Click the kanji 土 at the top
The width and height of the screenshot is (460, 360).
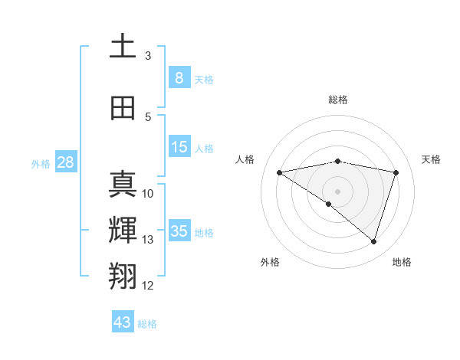point(123,47)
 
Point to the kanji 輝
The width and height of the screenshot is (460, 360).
point(123,231)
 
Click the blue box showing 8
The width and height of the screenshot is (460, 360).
point(179,77)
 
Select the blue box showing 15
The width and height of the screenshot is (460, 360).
point(179,147)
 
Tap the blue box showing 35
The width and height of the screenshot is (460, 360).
point(179,231)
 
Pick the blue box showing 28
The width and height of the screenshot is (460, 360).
point(65,162)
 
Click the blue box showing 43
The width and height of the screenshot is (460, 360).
point(123,322)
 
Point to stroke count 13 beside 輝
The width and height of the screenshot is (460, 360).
point(147,240)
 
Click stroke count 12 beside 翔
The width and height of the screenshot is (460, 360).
point(147,286)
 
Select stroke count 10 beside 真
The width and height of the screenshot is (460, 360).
point(148,194)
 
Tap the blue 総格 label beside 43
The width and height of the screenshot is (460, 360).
point(148,324)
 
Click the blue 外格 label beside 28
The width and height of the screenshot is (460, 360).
point(41,164)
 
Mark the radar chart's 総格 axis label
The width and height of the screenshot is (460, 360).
point(337,100)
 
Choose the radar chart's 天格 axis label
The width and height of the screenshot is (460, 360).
point(432,159)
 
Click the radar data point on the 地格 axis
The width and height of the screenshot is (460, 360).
point(373,241)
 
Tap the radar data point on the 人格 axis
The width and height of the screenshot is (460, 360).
point(280,172)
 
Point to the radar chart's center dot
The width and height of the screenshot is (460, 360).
point(337,191)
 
